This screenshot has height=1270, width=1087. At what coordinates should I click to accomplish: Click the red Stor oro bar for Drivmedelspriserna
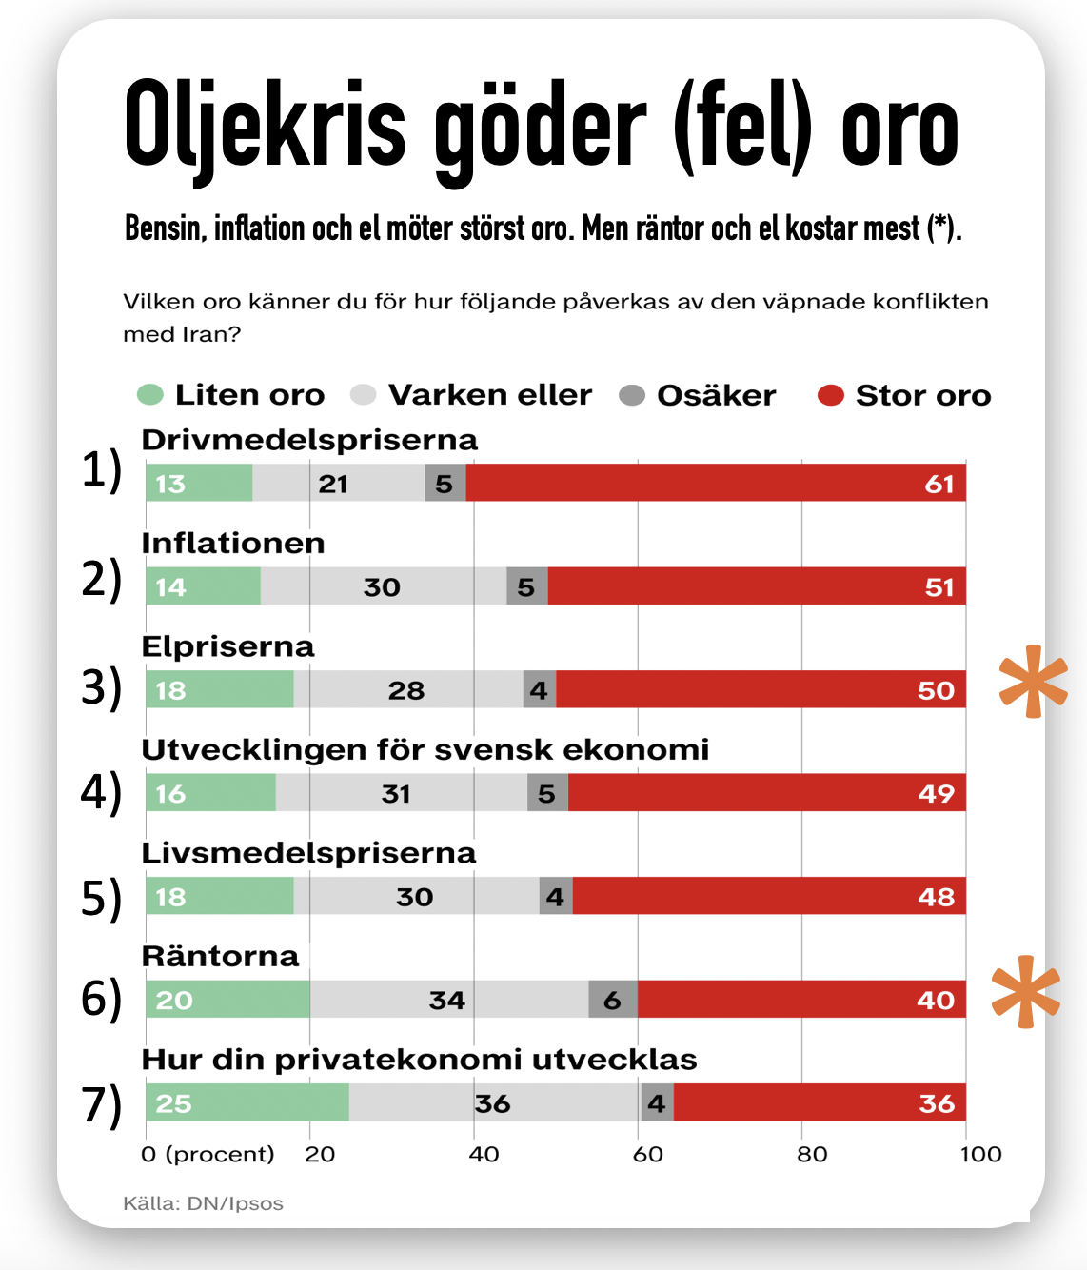(x=716, y=483)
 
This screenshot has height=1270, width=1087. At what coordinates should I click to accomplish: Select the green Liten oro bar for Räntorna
(x=228, y=999)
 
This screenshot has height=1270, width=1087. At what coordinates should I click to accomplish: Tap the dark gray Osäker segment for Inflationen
(x=527, y=585)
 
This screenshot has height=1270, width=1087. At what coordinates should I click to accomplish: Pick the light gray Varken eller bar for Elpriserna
(x=408, y=688)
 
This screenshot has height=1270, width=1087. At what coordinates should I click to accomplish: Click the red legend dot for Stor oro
(x=830, y=395)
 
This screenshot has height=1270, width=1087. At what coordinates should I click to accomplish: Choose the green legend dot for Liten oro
(x=150, y=394)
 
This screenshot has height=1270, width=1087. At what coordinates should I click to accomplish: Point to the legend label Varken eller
(x=490, y=395)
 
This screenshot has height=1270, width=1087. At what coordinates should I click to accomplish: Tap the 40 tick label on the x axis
(x=484, y=1155)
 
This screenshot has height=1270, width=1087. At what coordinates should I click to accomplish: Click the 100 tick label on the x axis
(x=981, y=1155)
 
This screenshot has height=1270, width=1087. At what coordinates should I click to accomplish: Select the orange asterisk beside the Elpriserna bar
(x=1034, y=681)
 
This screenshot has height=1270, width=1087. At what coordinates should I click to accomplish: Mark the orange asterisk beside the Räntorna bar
(x=1025, y=991)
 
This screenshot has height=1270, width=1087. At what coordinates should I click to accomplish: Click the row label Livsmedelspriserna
(x=309, y=853)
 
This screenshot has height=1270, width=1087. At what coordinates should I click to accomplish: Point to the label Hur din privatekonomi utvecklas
(x=420, y=1060)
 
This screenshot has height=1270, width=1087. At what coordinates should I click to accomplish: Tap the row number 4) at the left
(x=102, y=793)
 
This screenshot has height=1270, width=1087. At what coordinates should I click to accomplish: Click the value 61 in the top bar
(x=939, y=485)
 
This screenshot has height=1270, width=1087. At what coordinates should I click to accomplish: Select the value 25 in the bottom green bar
(x=174, y=1103)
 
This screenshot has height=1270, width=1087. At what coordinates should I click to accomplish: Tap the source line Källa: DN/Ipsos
(x=204, y=1203)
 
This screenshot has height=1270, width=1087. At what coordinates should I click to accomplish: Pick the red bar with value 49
(x=767, y=792)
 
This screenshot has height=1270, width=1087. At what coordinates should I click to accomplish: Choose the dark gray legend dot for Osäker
(x=632, y=395)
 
